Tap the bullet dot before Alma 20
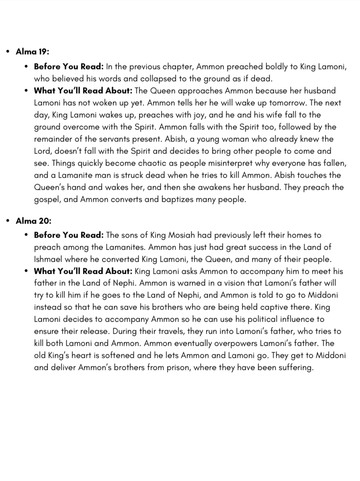click(8, 221)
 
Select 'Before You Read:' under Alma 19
click(69, 66)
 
